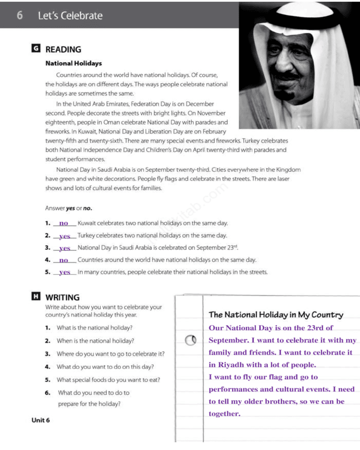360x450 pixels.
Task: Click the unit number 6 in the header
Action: (x=19, y=15)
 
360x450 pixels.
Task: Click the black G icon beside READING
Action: (x=36, y=48)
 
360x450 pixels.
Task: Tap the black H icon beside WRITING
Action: (x=36, y=296)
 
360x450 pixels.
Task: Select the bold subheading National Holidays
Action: (x=73, y=63)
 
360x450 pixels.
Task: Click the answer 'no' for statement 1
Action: (x=63, y=223)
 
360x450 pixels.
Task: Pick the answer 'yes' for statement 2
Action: (x=65, y=236)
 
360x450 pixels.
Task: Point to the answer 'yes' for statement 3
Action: (x=65, y=248)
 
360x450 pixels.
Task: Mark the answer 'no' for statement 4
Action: (x=63, y=260)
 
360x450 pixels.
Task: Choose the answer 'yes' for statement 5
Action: (x=65, y=272)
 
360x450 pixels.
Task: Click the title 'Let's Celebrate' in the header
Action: (x=70, y=16)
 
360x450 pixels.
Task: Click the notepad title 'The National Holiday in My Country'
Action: (x=276, y=315)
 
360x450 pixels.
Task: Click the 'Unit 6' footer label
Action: (x=40, y=420)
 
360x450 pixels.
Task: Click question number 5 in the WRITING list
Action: (x=47, y=380)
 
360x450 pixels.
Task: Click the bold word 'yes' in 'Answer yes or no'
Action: (x=70, y=208)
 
